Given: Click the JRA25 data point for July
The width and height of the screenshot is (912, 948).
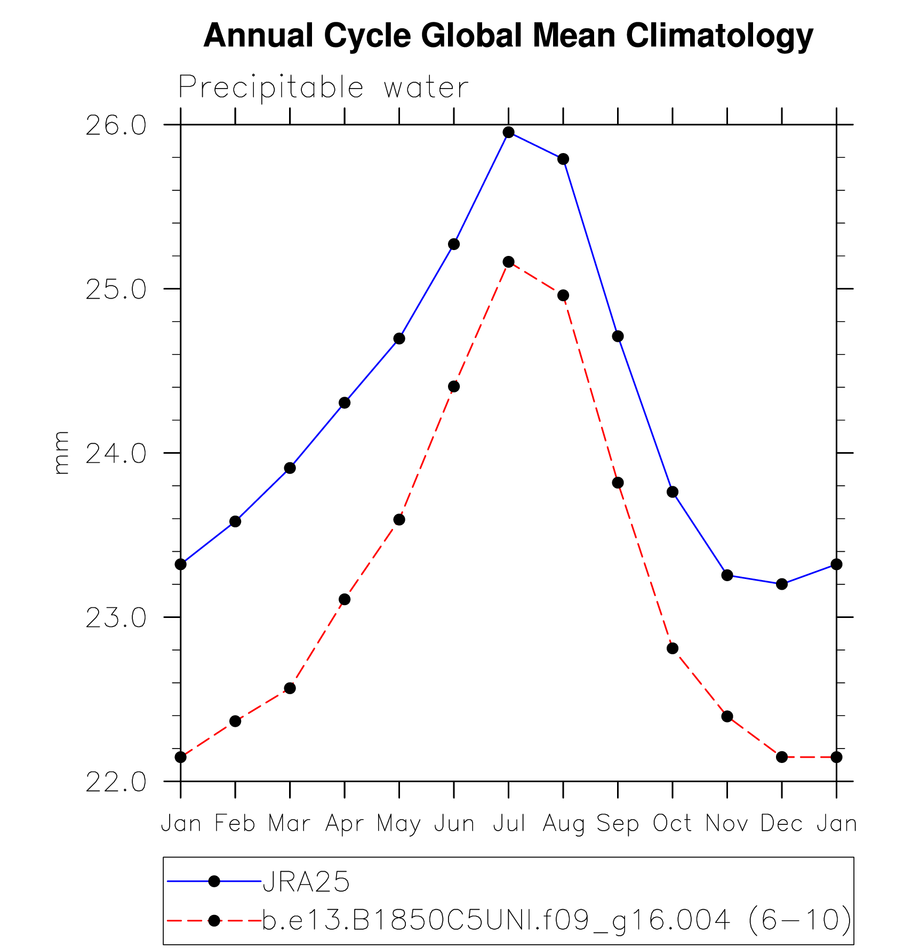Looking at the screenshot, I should coord(508,132).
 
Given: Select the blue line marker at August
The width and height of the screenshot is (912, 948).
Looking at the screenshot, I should coord(563,159).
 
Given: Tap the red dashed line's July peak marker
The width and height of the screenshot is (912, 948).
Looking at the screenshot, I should coord(508,262).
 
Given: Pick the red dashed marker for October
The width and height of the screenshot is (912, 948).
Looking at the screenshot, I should coord(673,648).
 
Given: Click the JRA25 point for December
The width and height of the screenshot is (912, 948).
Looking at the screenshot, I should coord(782,584).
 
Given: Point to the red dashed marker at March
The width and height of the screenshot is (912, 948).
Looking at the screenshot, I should coord(290,688).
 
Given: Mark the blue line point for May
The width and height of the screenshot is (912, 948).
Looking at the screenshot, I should coord(399,339).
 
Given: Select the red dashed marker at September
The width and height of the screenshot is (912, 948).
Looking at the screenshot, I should coord(618,483).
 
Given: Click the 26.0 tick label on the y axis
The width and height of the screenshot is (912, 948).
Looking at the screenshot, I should coord(116,126).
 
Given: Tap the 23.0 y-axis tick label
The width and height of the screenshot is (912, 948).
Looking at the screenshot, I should coord(116,618).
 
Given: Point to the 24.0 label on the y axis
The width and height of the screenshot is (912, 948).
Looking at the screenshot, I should coord(116,454).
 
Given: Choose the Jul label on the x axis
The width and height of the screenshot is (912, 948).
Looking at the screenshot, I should coord(508,824).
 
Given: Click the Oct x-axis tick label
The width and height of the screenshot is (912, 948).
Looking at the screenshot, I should coord(673,824).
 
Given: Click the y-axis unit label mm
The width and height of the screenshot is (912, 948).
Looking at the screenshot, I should coord(61,453).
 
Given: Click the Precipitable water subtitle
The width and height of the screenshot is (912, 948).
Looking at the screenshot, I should coord(323,87).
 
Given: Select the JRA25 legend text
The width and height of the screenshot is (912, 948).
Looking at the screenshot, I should coord(306,881).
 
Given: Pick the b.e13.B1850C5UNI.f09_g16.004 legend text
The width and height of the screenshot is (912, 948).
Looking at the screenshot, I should coord(496,920).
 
